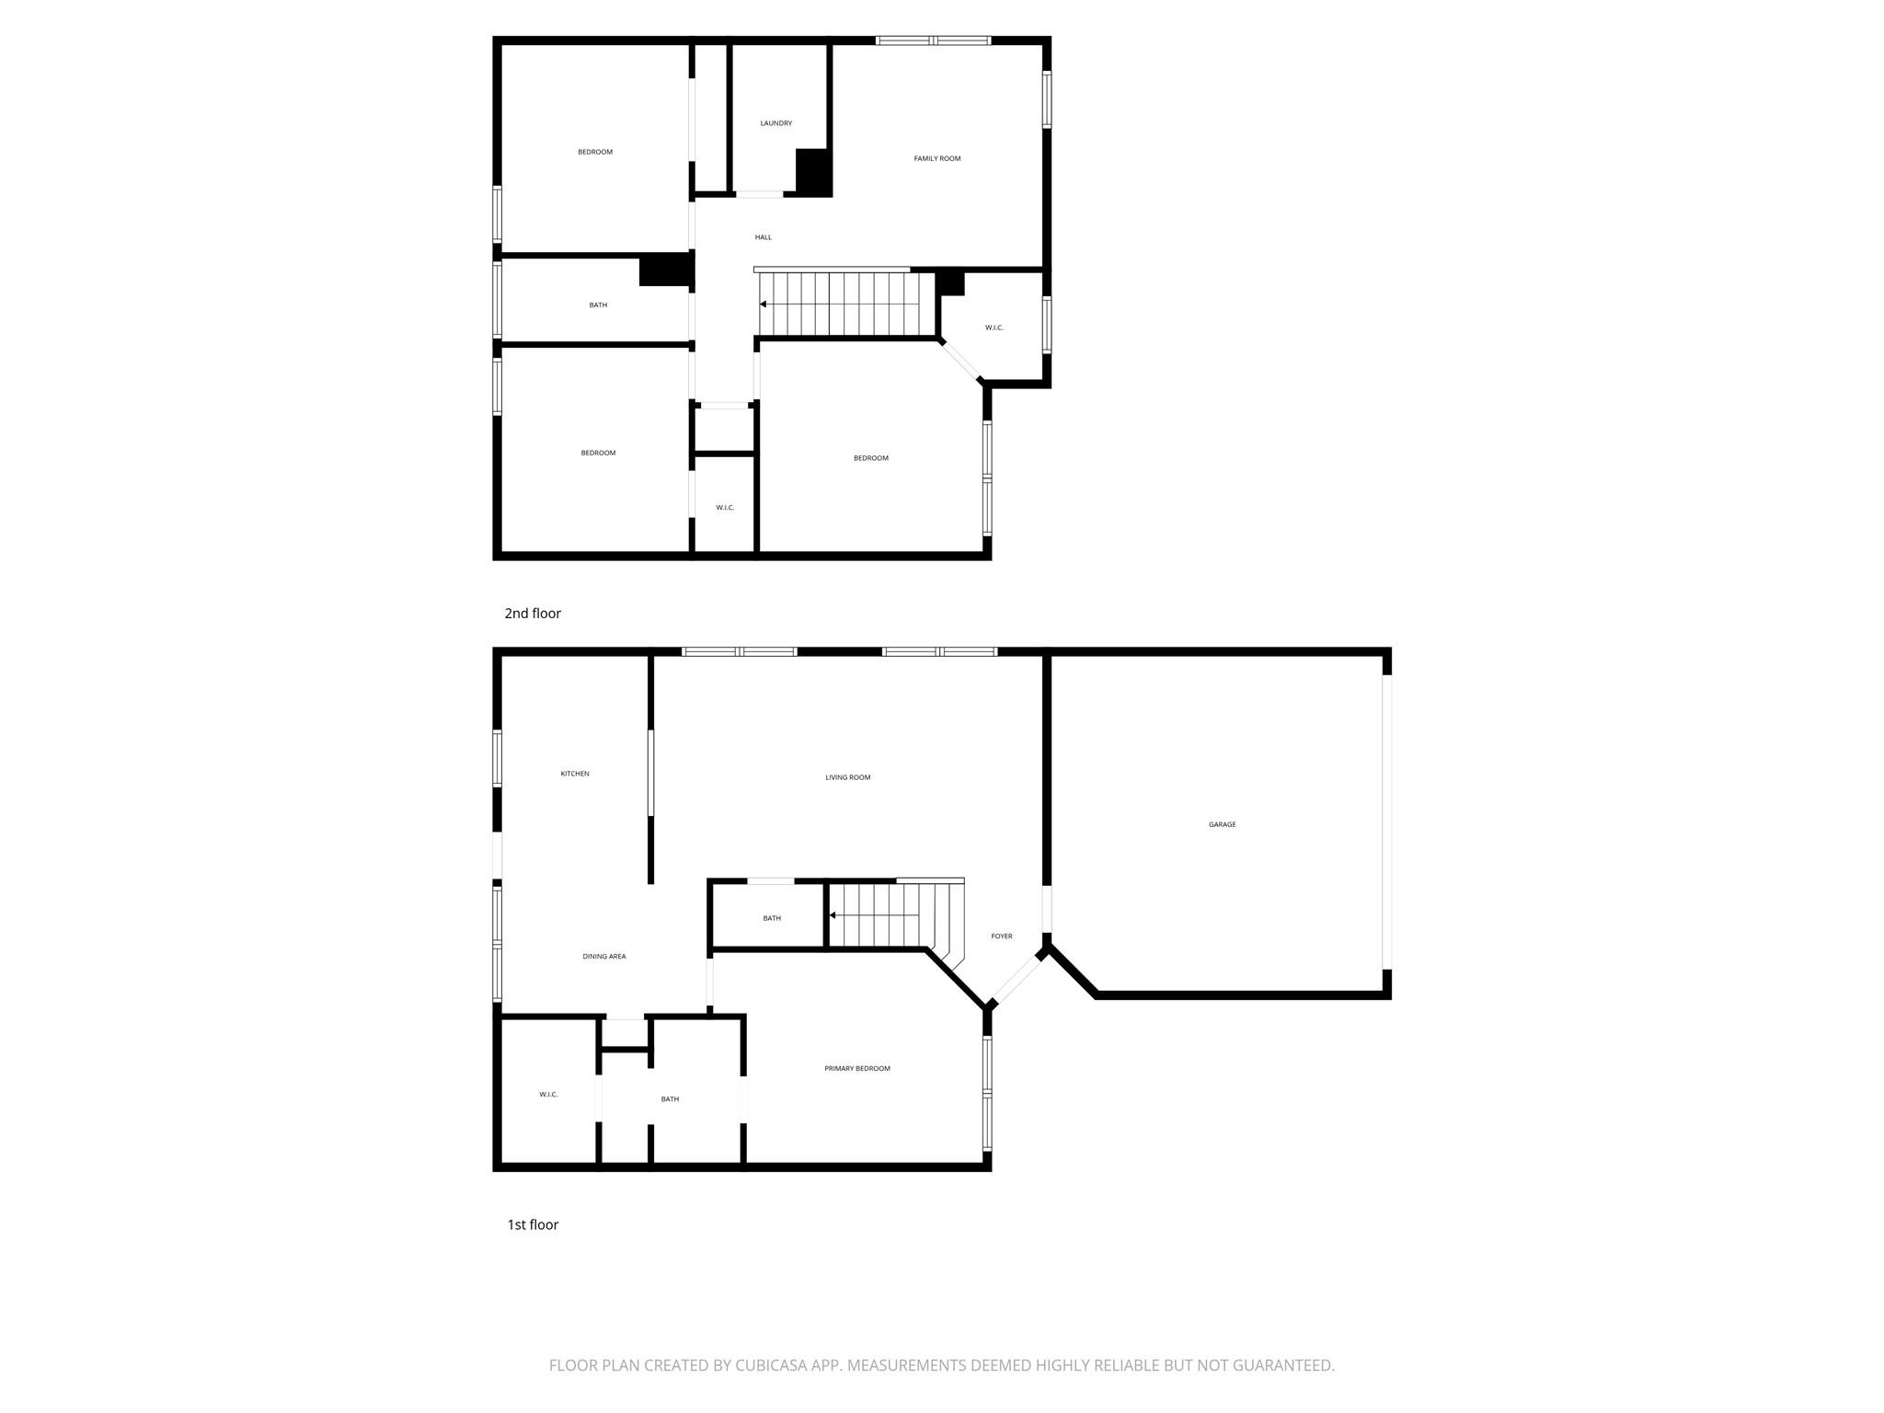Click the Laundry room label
(x=775, y=123)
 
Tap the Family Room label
(x=936, y=158)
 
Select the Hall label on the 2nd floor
(x=763, y=237)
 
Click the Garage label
(x=1222, y=824)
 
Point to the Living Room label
(x=847, y=777)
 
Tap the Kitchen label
(x=575, y=774)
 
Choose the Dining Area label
(x=603, y=957)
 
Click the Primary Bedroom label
(x=856, y=1068)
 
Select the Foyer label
(x=1001, y=936)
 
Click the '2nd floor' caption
(x=532, y=613)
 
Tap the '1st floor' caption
(x=533, y=1224)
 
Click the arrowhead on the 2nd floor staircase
(x=763, y=304)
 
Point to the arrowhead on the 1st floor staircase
(x=833, y=915)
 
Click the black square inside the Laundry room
(x=813, y=171)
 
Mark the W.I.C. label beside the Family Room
(x=994, y=327)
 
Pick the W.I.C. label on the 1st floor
(x=548, y=1095)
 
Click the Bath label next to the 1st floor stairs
(x=772, y=918)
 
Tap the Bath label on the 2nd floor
(x=598, y=305)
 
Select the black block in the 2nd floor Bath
(x=665, y=269)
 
